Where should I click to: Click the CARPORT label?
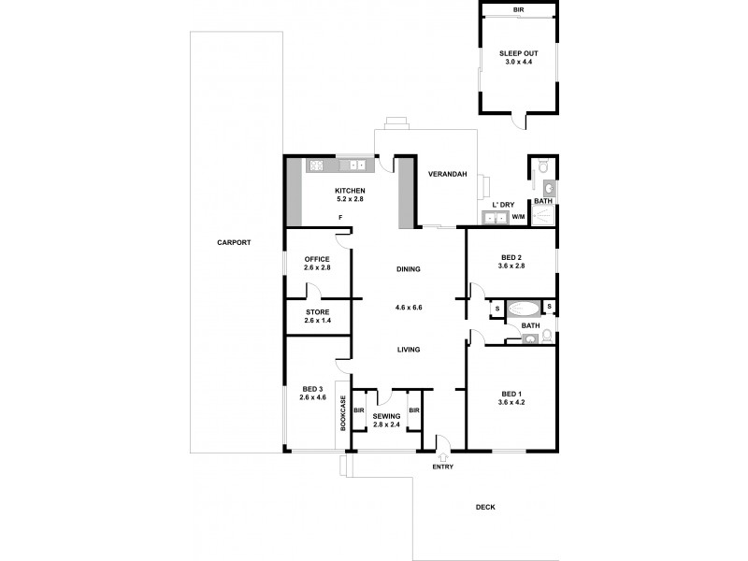(234, 242)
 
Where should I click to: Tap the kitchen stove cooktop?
(316, 166)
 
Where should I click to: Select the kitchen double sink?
(357, 166)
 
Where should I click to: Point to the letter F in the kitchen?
(340, 218)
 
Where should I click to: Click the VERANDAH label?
(446, 175)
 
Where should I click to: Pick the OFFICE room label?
(317, 259)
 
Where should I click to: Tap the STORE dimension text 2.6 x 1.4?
(317, 321)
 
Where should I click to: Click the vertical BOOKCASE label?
(343, 413)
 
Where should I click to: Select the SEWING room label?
(386, 416)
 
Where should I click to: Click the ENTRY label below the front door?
(441, 467)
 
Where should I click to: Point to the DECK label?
(484, 507)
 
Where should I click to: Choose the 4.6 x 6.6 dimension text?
(408, 307)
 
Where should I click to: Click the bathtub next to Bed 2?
(524, 307)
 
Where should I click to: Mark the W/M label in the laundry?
(517, 218)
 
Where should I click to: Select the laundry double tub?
(494, 219)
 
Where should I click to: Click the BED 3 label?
(312, 390)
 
